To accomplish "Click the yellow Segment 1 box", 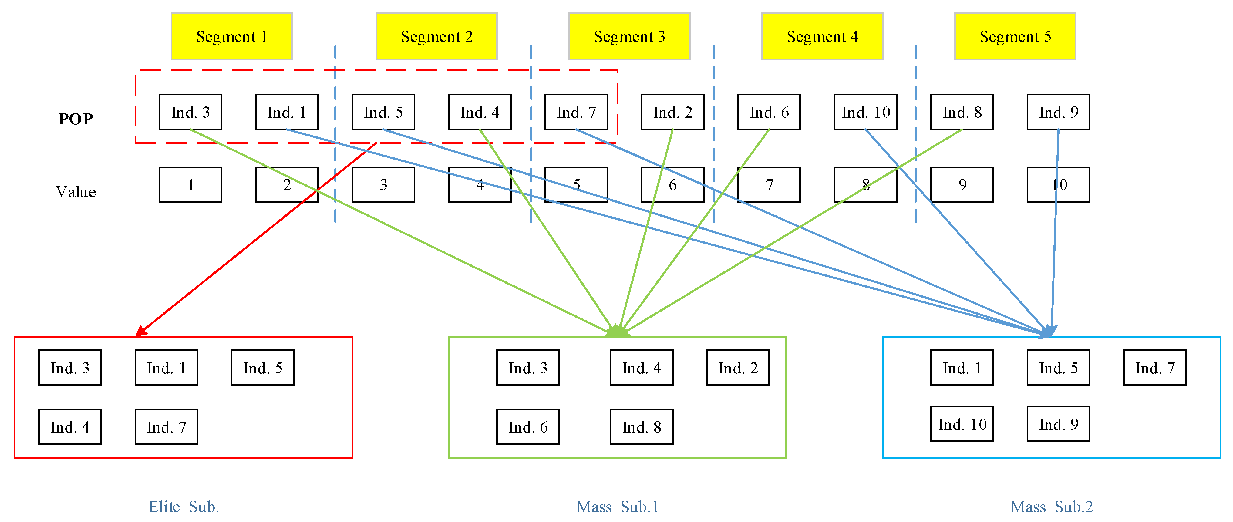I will [x=232, y=36].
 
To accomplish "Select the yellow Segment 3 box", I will [x=629, y=36].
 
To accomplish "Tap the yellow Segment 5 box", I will [x=1015, y=36].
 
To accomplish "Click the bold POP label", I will [x=76, y=119].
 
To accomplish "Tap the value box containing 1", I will [x=190, y=185].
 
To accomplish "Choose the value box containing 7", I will [x=769, y=185].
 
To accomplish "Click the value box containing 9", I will [x=962, y=185].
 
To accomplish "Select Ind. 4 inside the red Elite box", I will [x=70, y=427].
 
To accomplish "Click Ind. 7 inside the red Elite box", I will [x=167, y=427].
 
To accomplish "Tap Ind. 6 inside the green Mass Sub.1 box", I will [x=528, y=427].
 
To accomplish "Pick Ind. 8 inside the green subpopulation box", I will [x=642, y=427].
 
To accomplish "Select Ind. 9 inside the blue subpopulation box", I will [x=1058, y=424].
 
